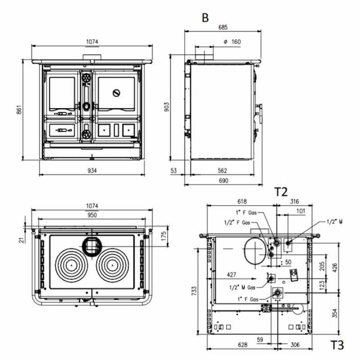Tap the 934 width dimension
coord(92,170)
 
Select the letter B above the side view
coord(205,18)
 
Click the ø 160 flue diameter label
coord(232,42)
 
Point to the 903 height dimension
coord(166,106)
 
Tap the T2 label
coord(280,192)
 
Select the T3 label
coord(337,345)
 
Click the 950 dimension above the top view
coord(92,215)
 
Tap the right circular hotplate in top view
coord(115,265)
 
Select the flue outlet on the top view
coord(92,246)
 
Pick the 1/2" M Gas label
coord(243,287)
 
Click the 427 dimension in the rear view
coord(231,275)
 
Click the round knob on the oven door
coord(117,93)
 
